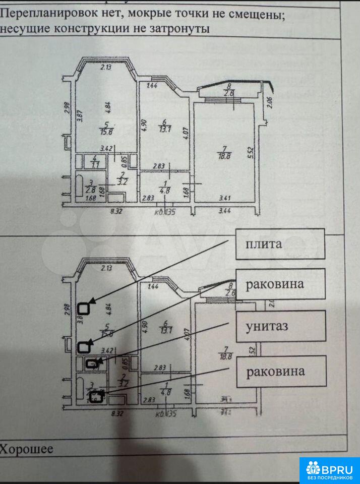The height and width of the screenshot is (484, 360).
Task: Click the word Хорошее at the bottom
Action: click(x=27, y=449)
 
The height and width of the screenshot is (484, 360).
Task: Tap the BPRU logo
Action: click(x=330, y=470)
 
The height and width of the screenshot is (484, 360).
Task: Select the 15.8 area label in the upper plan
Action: click(x=106, y=133)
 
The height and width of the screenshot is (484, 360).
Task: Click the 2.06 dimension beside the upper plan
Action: click(x=269, y=102)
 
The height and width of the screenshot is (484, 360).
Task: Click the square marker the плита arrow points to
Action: click(x=85, y=308)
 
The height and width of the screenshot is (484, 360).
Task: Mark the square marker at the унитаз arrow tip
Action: click(x=91, y=364)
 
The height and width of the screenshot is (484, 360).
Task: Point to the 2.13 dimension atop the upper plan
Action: click(x=105, y=67)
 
